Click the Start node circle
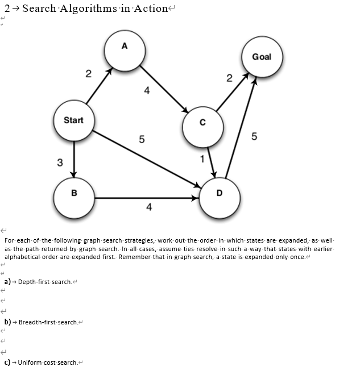click(x=73, y=120)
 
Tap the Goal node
click(x=262, y=57)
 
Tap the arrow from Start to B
click(x=74, y=159)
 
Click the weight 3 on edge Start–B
click(x=60, y=164)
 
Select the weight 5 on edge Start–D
click(x=142, y=139)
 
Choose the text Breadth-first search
click(x=48, y=322)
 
